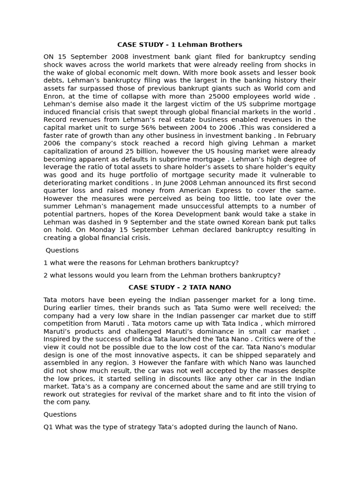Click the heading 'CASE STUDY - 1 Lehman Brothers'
(180, 45)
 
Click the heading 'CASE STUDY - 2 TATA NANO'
(180, 287)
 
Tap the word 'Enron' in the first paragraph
(54, 96)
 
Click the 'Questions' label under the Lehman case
(62, 250)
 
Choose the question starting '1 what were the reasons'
(141, 263)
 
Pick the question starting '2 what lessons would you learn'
(162, 275)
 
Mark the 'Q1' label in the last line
(48, 427)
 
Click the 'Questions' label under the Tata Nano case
(60, 414)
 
